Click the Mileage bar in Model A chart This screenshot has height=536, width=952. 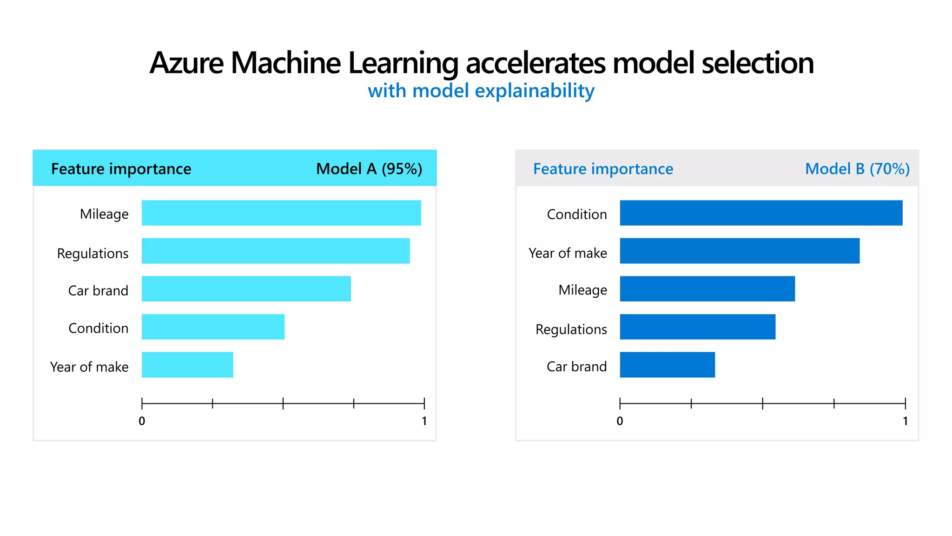click(x=281, y=213)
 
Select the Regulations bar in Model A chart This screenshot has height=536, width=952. click(x=276, y=251)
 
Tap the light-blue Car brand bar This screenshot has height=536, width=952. click(x=246, y=289)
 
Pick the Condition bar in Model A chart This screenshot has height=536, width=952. click(x=213, y=327)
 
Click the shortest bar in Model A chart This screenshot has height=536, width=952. click(x=187, y=365)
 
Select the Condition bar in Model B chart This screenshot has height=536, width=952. click(x=761, y=213)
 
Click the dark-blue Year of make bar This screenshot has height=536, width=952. click(x=740, y=251)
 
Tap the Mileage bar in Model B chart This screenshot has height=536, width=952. click(x=707, y=289)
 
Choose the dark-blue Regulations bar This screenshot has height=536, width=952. click(x=697, y=327)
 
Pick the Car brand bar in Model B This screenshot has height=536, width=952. click(x=667, y=365)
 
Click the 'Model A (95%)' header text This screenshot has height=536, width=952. click(x=369, y=168)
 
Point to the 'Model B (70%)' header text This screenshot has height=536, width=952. click(x=857, y=168)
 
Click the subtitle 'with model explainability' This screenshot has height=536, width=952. click(x=481, y=91)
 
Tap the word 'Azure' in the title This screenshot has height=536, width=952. click(x=187, y=63)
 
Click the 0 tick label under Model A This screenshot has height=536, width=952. click(x=142, y=421)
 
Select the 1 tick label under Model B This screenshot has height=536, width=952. click(x=905, y=421)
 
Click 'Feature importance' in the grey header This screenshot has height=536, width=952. click(x=603, y=168)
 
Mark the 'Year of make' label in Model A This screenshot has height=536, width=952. click(x=89, y=367)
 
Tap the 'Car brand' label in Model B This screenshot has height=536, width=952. click(x=576, y=367)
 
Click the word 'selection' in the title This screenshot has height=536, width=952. click(x=757, y=63)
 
